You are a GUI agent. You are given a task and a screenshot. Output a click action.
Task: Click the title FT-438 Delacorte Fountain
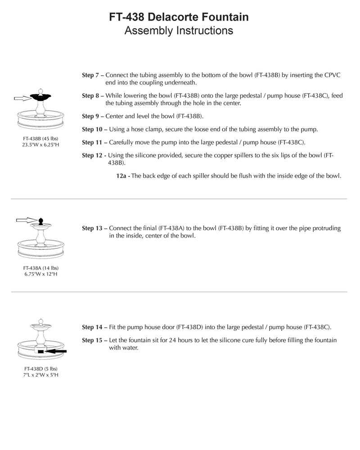(x=179, y=18)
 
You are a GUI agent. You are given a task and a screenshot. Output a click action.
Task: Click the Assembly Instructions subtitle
(x=179, y=31)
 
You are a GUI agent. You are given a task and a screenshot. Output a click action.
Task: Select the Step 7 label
(x=90, y=76)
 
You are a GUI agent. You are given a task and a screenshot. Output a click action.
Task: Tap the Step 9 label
(x=90, y=116)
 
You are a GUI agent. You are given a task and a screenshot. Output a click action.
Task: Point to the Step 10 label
(x=92, y=130)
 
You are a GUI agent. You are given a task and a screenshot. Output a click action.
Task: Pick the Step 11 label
(x=92, y=143)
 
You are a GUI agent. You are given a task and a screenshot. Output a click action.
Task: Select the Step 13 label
(x=92, y=229)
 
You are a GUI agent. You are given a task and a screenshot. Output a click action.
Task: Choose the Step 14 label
(x=92, y=327)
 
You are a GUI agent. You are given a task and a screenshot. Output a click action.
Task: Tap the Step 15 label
(x=92, y=341)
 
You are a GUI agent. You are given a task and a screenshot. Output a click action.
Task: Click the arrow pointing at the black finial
(x=26, y=220)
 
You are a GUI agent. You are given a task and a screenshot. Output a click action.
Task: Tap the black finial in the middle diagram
(x=41, y=221)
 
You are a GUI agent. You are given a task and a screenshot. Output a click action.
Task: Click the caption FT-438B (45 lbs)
(x=41, y=138)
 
